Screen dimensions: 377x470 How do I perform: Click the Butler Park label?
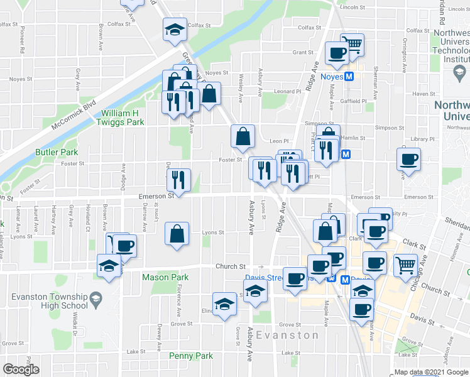click(57, 152)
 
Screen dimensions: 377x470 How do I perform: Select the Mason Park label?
click(165, 277)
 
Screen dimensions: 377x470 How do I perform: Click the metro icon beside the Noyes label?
click(350, 77)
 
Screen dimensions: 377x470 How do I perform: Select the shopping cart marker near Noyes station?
click(352, 44)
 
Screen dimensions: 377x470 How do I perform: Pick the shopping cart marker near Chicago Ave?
click(406, 265)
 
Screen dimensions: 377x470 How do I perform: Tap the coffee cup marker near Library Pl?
click(409, 159)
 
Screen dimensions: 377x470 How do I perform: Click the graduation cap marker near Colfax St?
click(175, 29)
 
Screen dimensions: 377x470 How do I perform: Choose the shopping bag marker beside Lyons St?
click(177, 234)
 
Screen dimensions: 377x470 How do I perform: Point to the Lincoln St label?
click(352, 7)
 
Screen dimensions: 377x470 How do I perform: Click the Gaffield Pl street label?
click(354, 101)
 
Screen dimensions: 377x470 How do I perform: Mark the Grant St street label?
click(302, 53)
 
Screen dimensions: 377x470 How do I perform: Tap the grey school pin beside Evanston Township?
click(96, 297)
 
